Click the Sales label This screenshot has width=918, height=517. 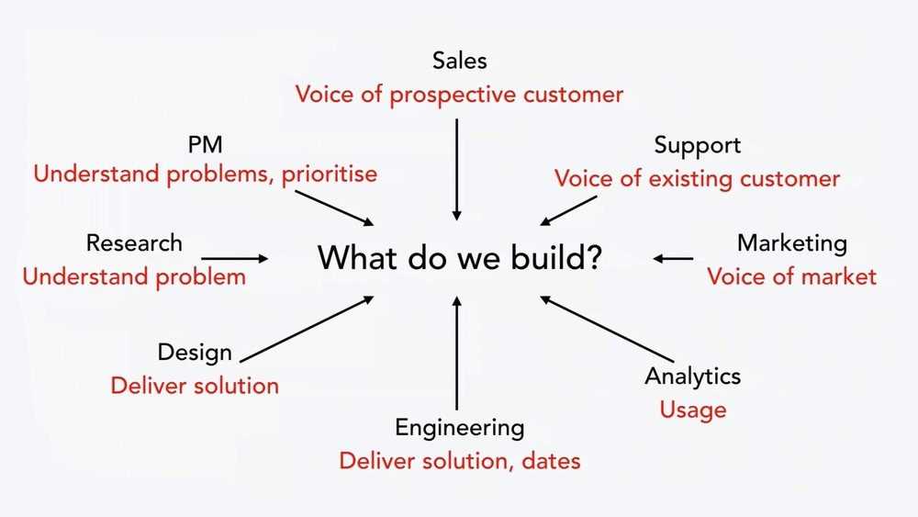[x=459, y=62]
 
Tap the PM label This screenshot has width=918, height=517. [x=205, y=144]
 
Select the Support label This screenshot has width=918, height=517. [x=697, y=145]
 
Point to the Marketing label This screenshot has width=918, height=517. [x=791, y=243]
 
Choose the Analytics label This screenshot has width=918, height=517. [x=692, y=376]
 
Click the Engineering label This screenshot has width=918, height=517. [x=459, y=427]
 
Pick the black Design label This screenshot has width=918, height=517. [x=195, y=353]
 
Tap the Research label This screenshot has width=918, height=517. [x=134, y=243]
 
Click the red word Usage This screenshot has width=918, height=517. [x=692, y=410]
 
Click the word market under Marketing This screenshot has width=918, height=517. [x=834, y=276]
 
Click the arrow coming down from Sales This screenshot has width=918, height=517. [x=456, y=169]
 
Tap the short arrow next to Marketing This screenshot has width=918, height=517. [x=675, y=259]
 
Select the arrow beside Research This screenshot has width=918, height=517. [x=235, y=260]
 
